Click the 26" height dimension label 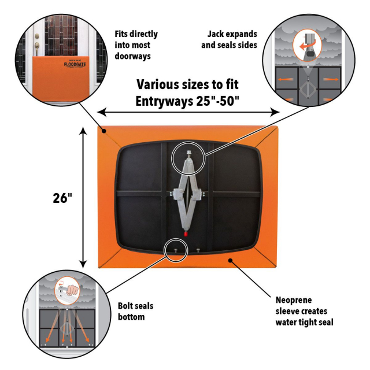pyautogui.click(x=62, y=198)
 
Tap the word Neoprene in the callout pyautogui.click(x=294, y=300)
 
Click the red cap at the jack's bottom pyautogui.click(x=186, y=234)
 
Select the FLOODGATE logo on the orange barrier pyautogui.click(x=75, y=64)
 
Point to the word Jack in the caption pyautogui.click(x=215, y=34)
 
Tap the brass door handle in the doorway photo pyautogui.click(x=36, y=45)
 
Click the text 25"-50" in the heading pyautogui.click(x=217, y=101)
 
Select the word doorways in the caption pyautogui.click(x=132, y=56)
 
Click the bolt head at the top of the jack pyautogui.click(x=188, y=153)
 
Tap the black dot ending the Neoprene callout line pyautogui.click(x=230, y=260)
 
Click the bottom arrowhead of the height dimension pyautogui.click(x=83, y=264)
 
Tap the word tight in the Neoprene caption pyautogui.click(x=305, y=323)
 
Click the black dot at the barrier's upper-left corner pyautogui.click(x=103, y=131)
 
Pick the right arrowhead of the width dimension pyautogui.click(x=275, y=112)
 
